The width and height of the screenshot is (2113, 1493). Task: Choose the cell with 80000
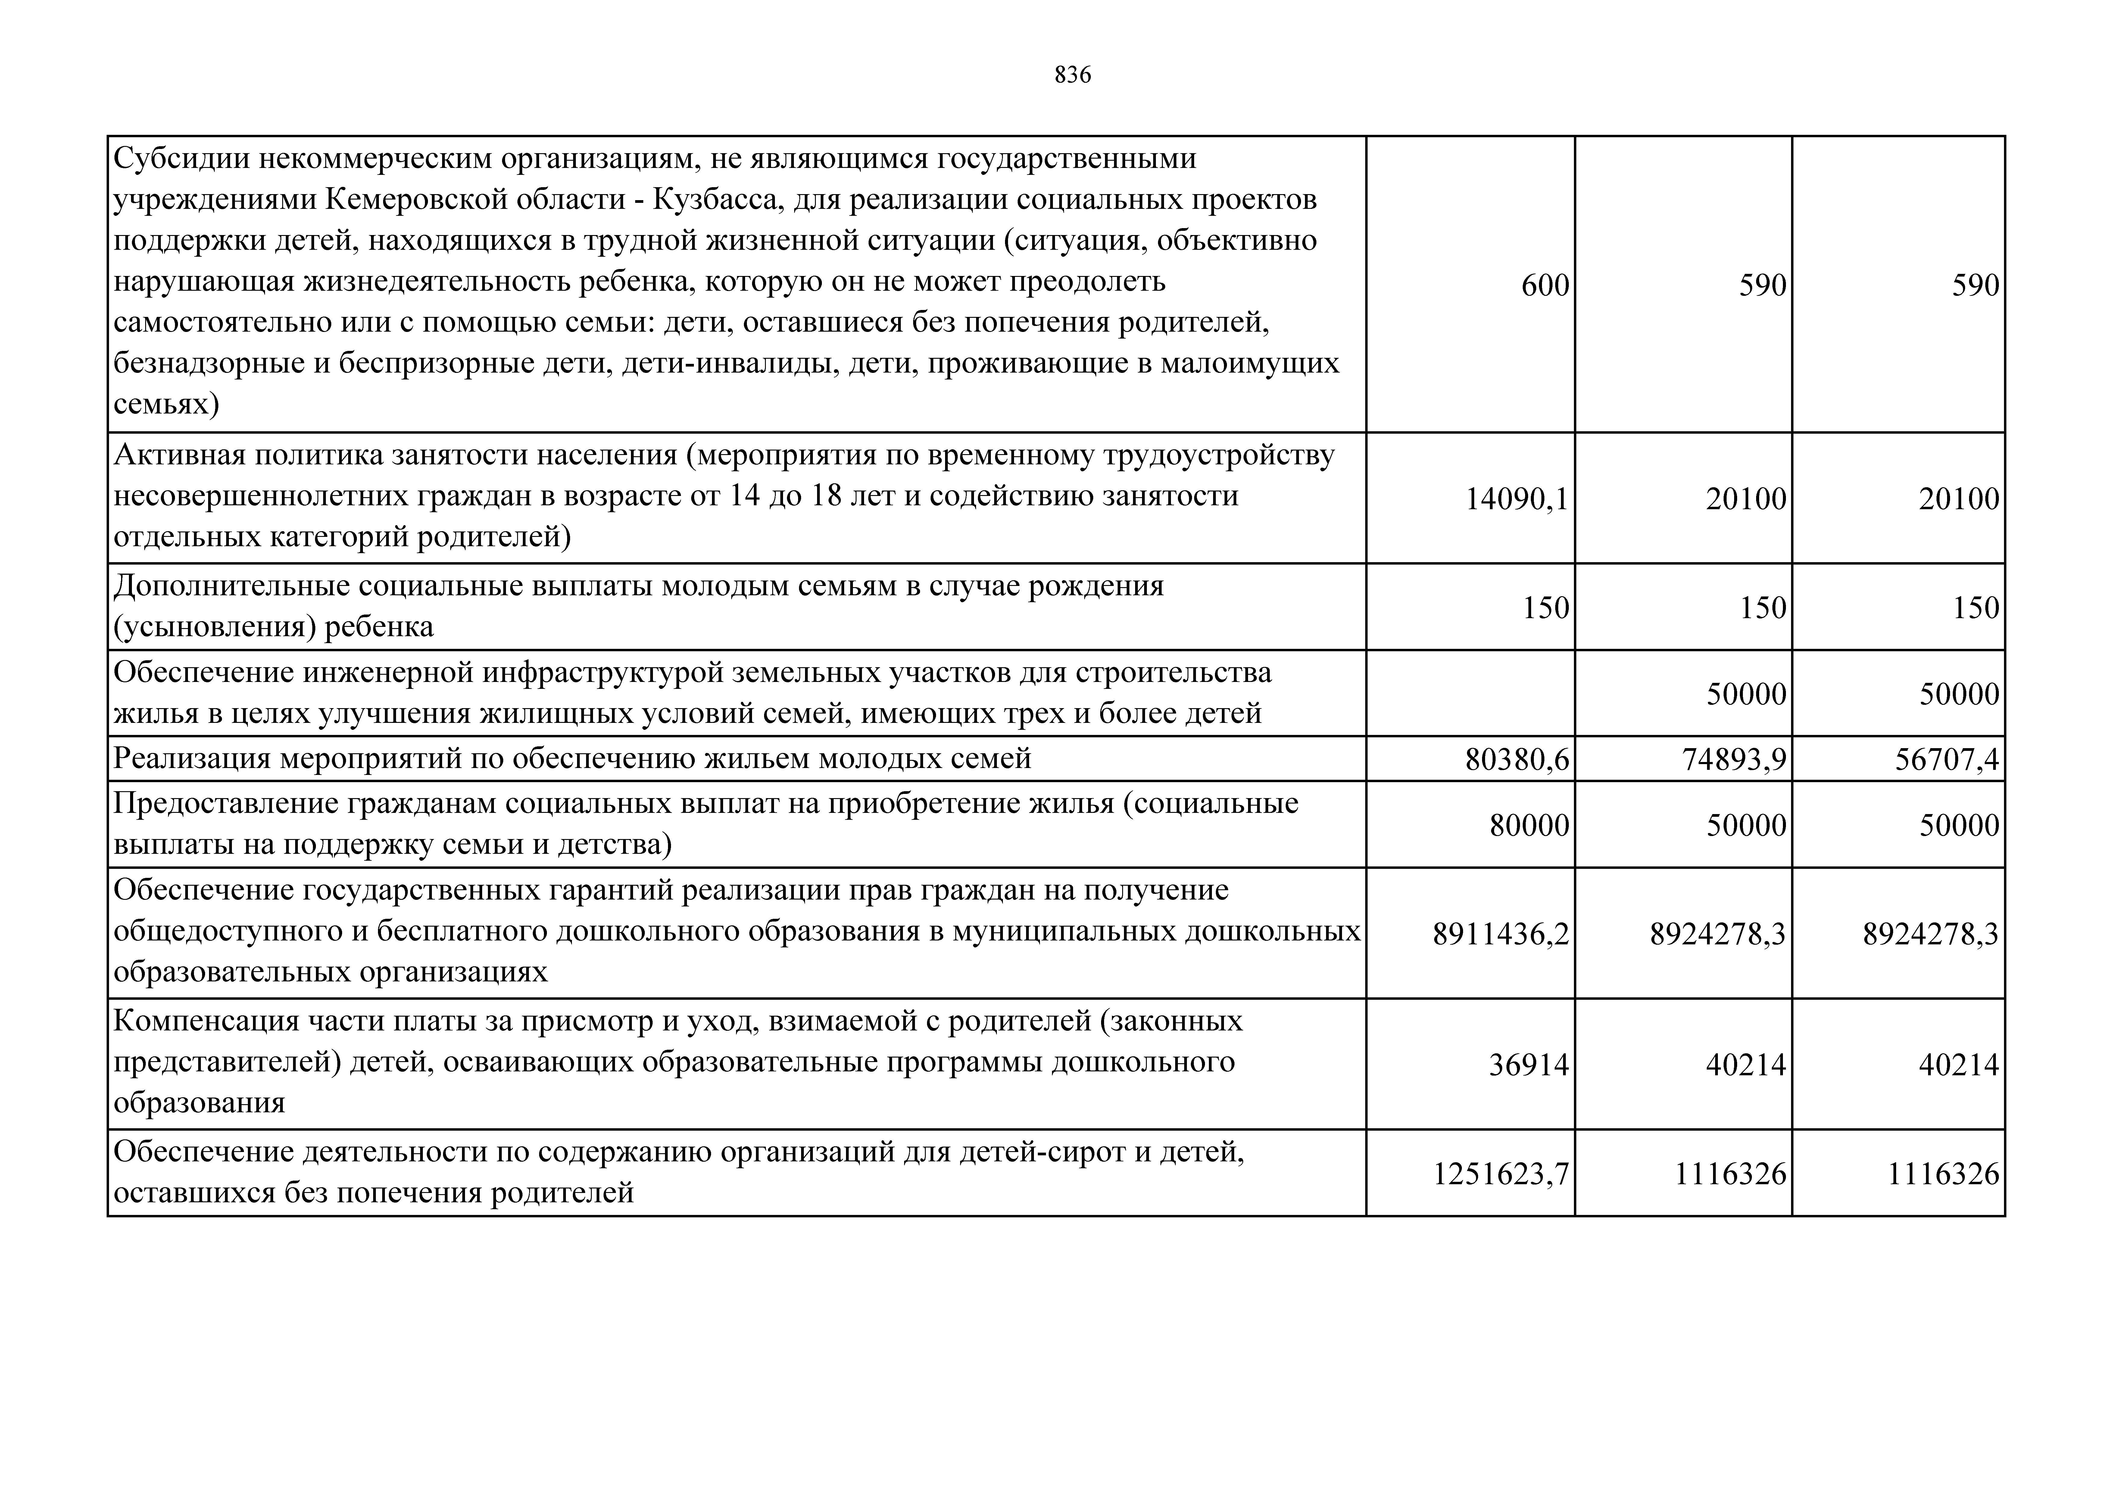[1529, 825]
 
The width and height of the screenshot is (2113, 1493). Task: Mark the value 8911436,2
[1500, 935]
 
